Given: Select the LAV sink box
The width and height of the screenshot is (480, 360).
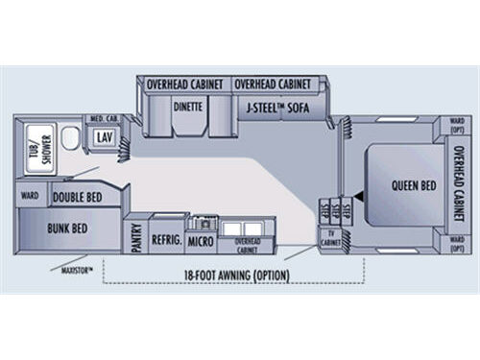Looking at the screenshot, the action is (x=104, y=137).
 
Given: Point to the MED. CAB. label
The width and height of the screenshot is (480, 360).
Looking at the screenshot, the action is (x=104, y=118).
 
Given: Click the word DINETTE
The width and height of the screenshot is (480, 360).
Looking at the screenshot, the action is (x=186, y=108).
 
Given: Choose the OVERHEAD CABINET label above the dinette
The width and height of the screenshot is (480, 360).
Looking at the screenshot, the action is (x=184, y=84).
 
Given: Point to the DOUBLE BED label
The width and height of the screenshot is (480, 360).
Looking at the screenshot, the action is (x=77, y=198).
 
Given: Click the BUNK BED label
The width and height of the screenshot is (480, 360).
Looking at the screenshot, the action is (x=67, y=228).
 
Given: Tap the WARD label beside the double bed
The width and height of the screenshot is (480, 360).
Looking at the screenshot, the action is (x=29, y=197).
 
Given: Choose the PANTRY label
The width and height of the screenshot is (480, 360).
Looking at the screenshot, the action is (x=136, y=236).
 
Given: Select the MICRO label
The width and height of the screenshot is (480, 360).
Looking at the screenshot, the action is (x=200, y=240).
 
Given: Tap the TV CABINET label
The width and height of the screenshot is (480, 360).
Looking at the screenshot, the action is (x=331, y=235).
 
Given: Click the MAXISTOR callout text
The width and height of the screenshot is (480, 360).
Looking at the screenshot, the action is (x=75, y=271).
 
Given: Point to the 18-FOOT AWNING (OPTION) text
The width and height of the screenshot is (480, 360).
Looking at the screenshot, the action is (x=237, y=276).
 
